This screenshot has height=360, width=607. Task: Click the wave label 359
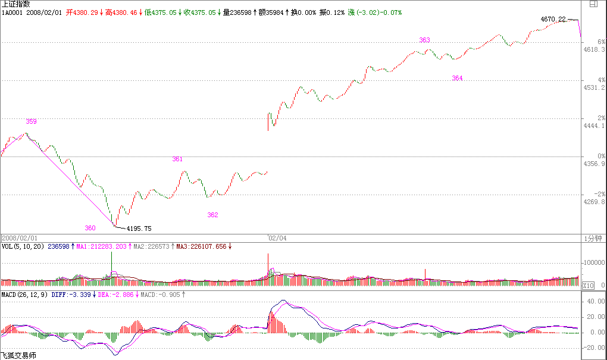point(32,121)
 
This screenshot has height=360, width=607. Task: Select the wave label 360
point(90,228)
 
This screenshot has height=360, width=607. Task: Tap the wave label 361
point(177,159)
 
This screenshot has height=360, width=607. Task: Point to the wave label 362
point(212,215)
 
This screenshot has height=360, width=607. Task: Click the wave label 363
point(424,40)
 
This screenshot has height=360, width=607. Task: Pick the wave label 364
point(457,79)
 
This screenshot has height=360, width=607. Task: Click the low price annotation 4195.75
point(139,228)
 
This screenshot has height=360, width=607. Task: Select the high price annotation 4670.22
point(553,20)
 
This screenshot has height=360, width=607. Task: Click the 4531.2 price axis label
point(595,87)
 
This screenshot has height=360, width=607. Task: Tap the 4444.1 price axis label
point(595,126)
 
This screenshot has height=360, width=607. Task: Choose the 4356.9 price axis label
point(595,164)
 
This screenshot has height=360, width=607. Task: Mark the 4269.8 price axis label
point(595,202)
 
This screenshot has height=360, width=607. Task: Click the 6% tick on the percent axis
point(601,42)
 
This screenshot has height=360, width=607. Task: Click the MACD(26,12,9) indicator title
point(24,294)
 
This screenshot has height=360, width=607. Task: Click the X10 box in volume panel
point(587,285)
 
